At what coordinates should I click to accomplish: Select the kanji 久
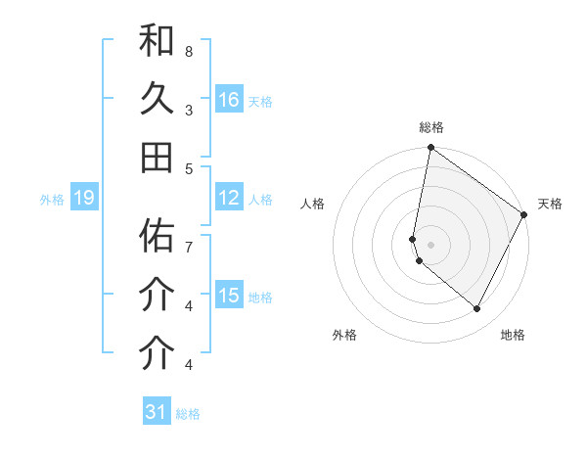click(157, 100)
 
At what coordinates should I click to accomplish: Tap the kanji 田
click(157, 157)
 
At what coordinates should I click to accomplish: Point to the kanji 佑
click(157, 236)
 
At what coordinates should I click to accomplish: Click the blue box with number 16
click(229, 100)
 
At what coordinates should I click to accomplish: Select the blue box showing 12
click(229, 198)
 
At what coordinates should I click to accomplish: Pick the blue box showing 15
click(229, 296)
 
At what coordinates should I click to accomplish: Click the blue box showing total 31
click(157, 412)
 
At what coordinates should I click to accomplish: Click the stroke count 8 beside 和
click(188, 51)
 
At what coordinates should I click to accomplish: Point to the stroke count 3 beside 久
click(188, 110)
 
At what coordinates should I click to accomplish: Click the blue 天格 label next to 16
click(260, 101)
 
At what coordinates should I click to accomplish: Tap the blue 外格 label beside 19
click(52, 200)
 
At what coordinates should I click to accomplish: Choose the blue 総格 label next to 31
click(188, 413)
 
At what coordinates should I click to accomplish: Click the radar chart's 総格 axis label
click(431, 127)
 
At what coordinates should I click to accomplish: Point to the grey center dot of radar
click(431, 244)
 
